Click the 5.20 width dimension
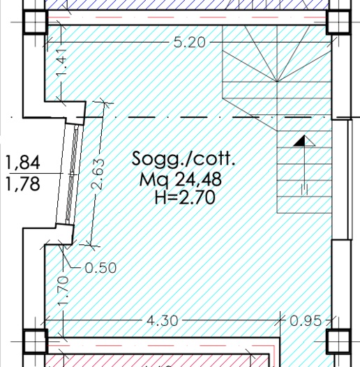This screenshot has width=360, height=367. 190,43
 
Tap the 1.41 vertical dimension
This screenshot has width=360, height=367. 61,63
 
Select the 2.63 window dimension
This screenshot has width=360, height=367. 98,174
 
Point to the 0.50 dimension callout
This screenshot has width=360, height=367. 100,268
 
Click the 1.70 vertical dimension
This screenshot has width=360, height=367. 63,291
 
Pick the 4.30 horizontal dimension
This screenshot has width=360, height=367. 163,321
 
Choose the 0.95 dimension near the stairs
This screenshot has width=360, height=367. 306,321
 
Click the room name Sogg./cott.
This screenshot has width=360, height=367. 183,158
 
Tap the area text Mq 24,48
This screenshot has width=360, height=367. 180,179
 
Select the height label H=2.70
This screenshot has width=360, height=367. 185,197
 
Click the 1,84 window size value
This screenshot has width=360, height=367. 22,162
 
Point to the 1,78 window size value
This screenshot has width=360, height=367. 22,183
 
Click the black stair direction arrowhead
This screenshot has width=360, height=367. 299,141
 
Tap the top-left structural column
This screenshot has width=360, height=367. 35,22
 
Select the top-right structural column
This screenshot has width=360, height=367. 338,22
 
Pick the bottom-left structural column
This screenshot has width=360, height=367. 35,341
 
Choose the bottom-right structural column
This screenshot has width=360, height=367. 338,341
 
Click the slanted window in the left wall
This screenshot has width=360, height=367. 70,174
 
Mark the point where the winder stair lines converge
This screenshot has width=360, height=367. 277,82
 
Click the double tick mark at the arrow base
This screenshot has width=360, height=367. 304,190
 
